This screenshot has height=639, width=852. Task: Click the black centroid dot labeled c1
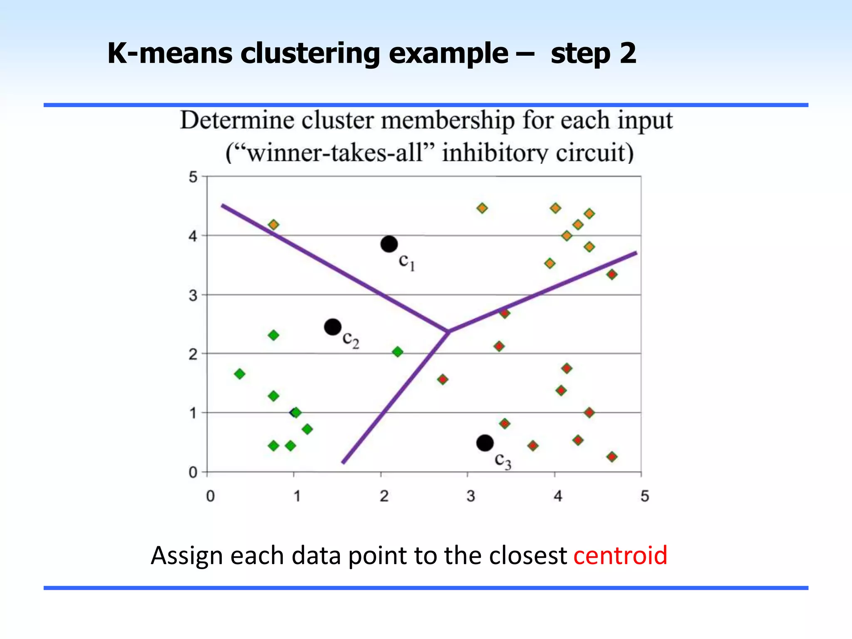[x=389, y=244]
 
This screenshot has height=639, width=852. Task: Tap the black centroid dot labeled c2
[x=332, y=327]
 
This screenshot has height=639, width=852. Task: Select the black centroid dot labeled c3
[x=485, y=443]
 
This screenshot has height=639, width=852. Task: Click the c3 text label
[x=503, y=461]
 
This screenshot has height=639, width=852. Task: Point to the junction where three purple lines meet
[x=448, y=332]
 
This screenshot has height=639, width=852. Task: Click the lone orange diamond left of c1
[x=273, y=225]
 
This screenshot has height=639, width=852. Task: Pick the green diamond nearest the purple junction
[x=397, y=352]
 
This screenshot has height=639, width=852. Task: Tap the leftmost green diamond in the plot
[x=240, y=374]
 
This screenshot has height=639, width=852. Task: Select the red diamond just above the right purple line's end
[x=612, y=275]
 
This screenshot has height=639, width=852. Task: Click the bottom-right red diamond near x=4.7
[x=612, y=457]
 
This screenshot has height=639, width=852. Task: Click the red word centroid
[x=620, y=555]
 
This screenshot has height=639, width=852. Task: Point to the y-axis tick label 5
[x=193, y=177]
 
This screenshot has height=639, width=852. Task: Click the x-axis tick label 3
[x=471, y=496]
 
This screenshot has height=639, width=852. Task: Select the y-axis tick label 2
[x=193, y=354]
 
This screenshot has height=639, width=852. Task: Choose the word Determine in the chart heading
[x=237, y=121]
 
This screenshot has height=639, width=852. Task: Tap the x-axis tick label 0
[x=211, y=496]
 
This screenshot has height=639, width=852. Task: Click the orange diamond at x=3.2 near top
[x=482, y=208]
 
